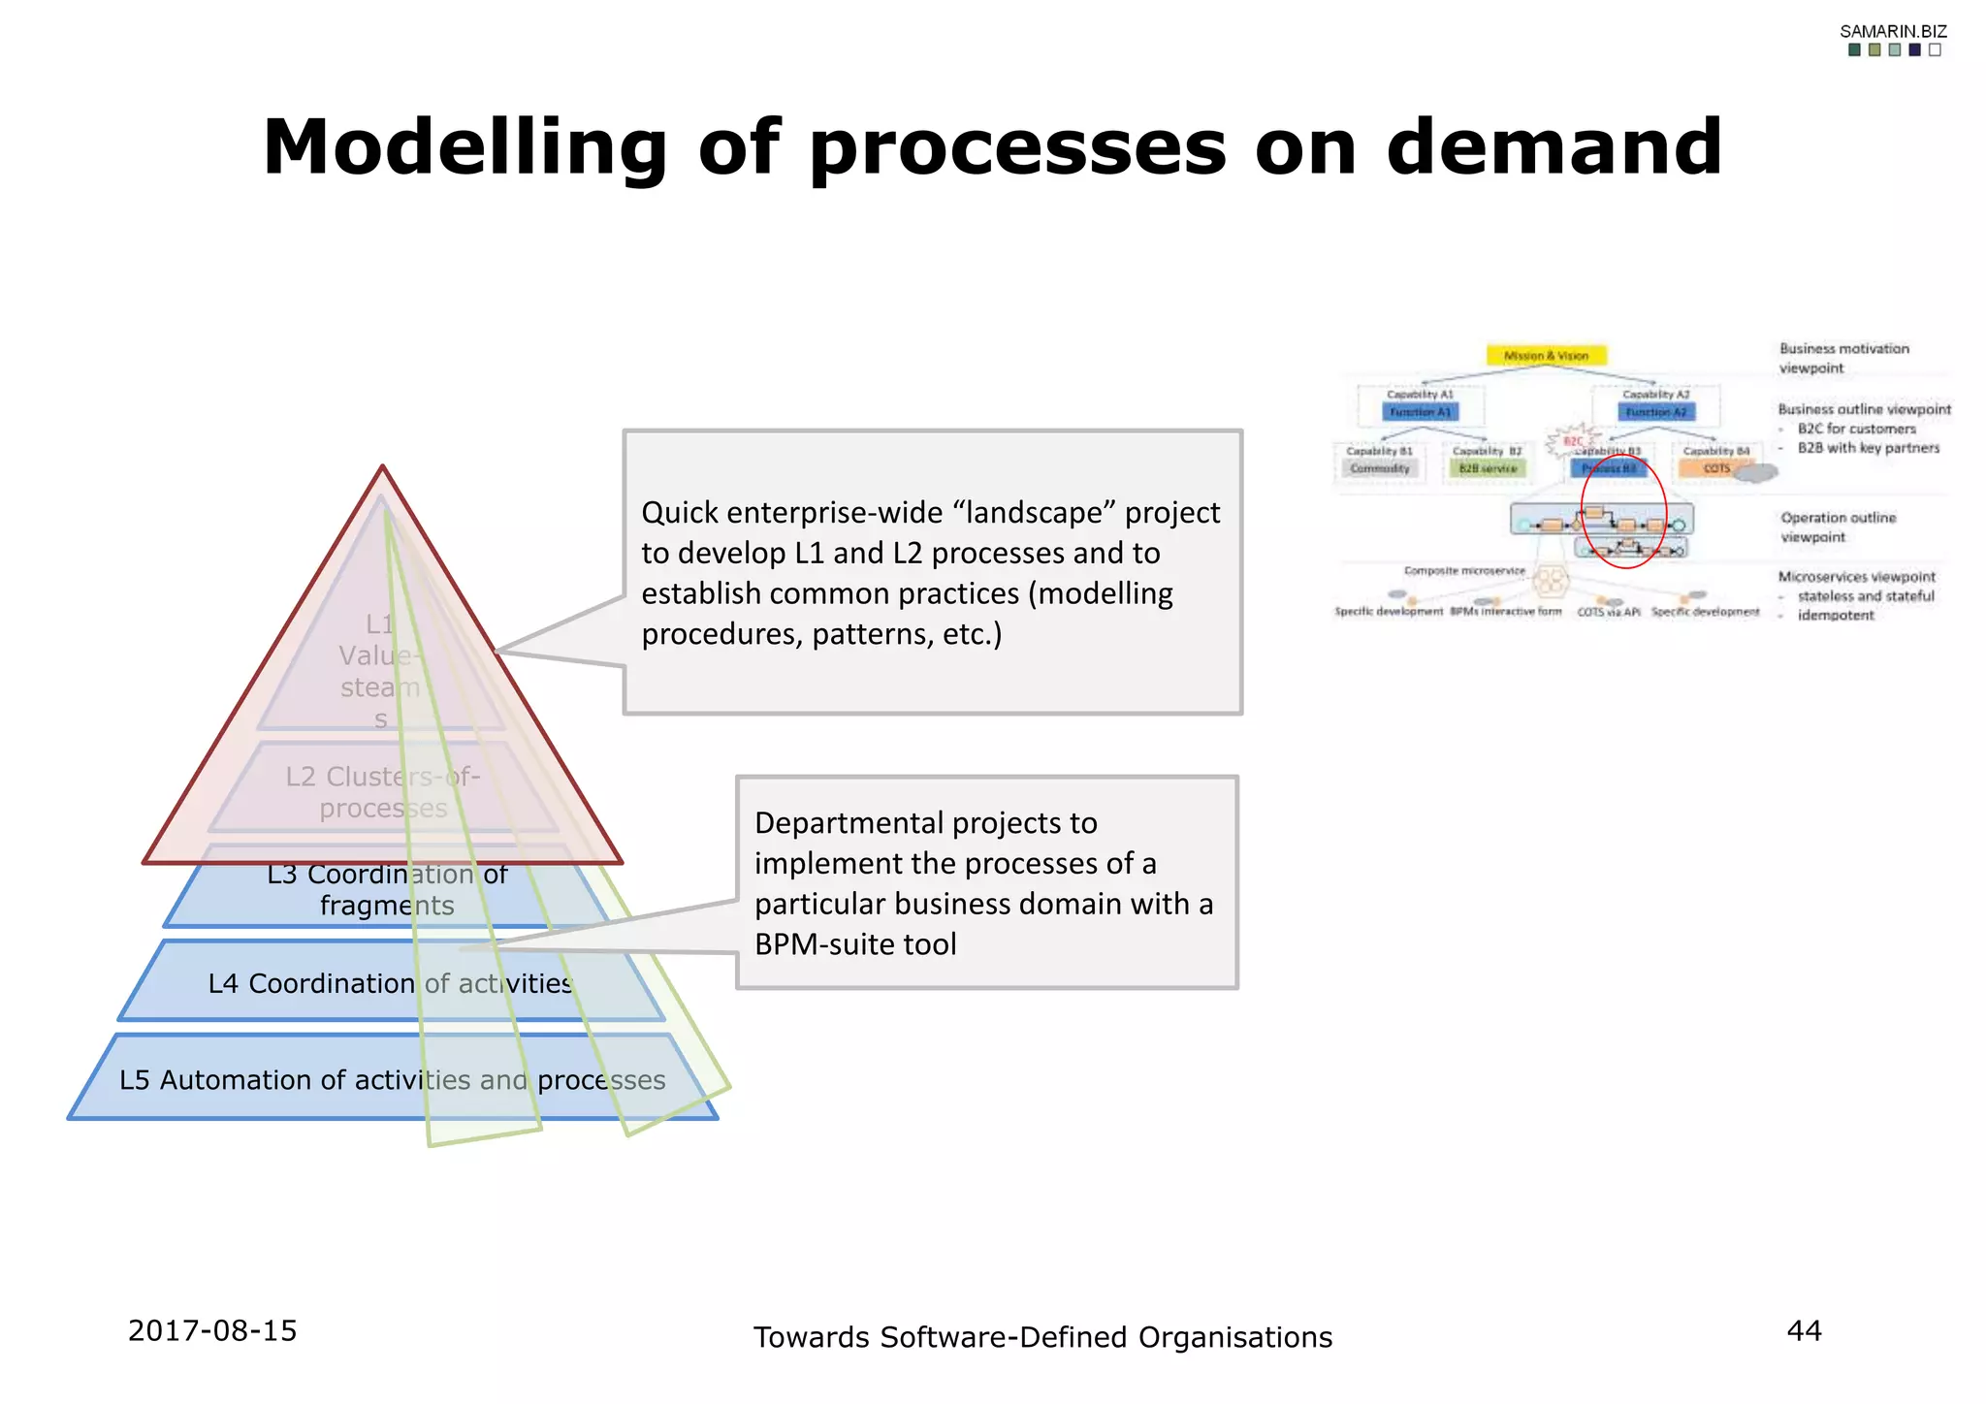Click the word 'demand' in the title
(1554, 147)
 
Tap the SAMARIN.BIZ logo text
(1893, 32)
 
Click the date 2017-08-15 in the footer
(212, 1330)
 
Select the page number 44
(1804, 1330)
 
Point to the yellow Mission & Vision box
(1546, 356)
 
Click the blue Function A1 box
(1420, 412)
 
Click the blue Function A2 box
(1655, 412)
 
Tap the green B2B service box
(1488, 468)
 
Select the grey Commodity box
(1380, 468)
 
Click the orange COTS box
(1716, 468)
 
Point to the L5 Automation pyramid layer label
(392, 1079)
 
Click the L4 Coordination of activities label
(390, 983)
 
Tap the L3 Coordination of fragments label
(387, 889)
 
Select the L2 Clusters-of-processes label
(383, 792)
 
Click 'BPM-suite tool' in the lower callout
(854, 943)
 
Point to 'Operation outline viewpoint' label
(1837, 526)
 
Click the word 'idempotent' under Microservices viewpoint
(1835, 616)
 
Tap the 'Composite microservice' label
(1464, 571)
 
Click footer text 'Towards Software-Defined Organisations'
(1042, 1337)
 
